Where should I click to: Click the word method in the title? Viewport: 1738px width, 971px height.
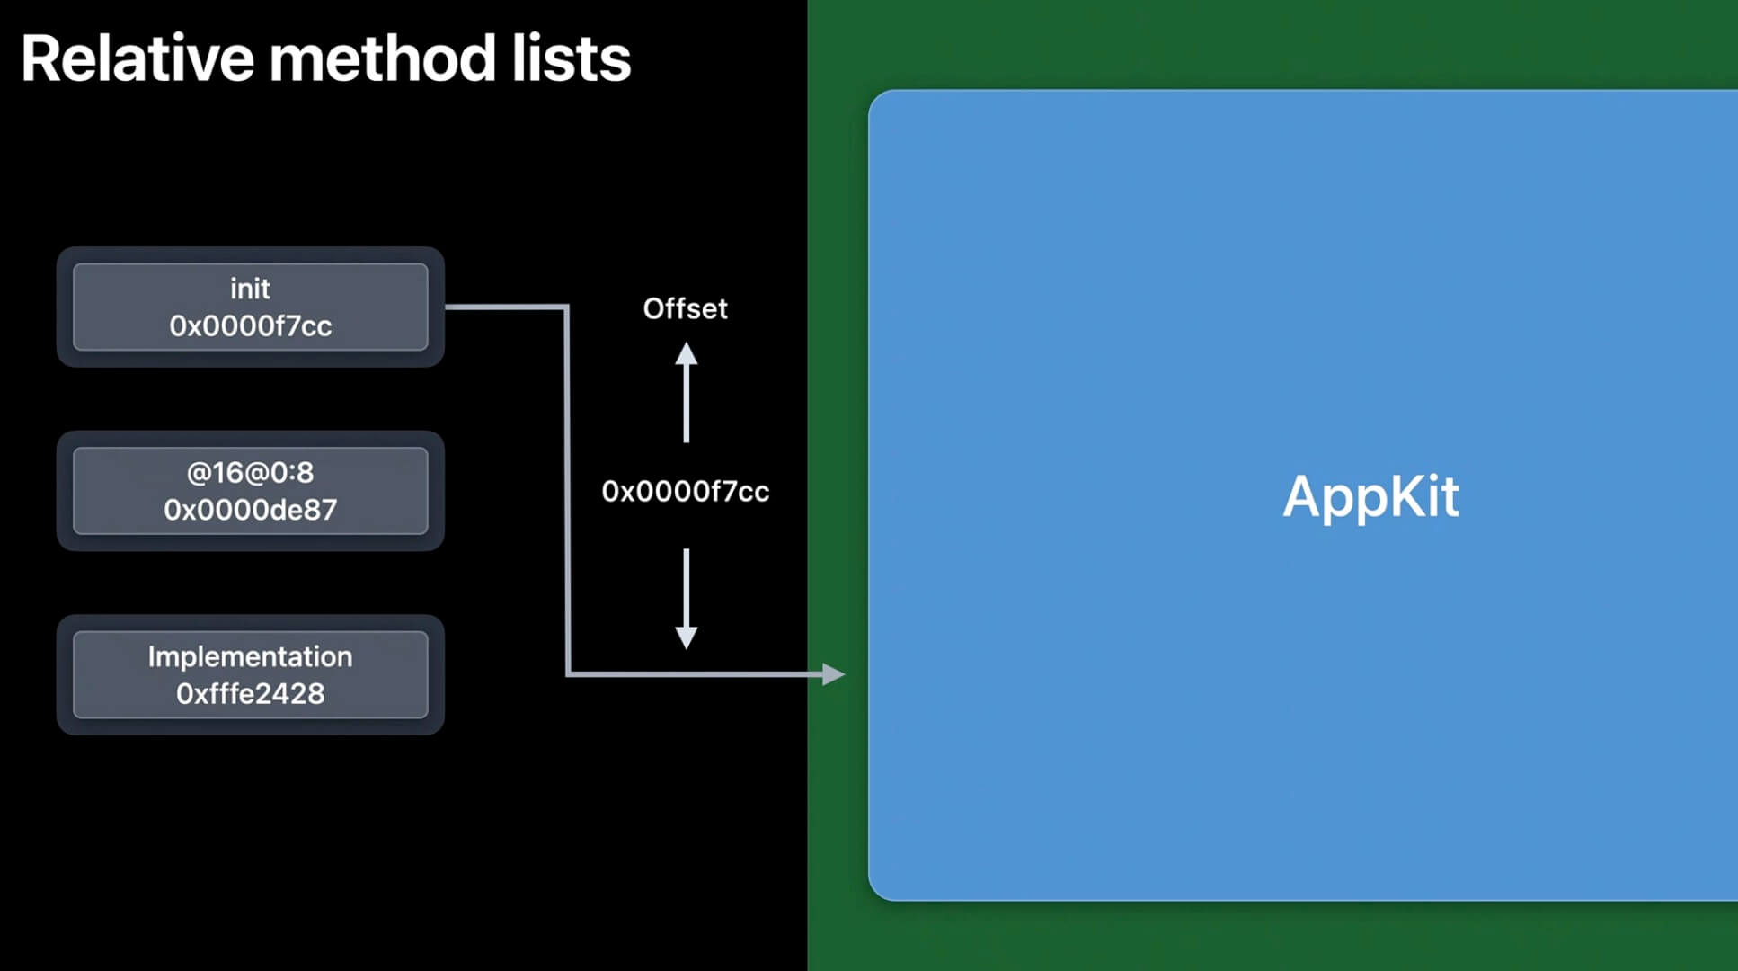click(383, 59)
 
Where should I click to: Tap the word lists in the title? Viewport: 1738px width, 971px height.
click(572, 59)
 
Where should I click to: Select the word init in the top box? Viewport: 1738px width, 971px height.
click(250, 289)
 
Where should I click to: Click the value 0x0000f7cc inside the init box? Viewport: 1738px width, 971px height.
click(251, 325)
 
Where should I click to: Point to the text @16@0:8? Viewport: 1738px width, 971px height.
click(250, 472)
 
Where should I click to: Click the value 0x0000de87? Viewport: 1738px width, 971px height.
click(250, 510)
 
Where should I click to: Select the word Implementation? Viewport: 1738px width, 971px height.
click(250, 656)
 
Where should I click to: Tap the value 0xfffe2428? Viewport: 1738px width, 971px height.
click(250, 694)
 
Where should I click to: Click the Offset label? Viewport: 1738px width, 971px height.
click(685, 308)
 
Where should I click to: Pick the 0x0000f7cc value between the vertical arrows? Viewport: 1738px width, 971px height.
click(685, 491)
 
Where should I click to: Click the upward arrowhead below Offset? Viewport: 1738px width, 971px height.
click(687, 353)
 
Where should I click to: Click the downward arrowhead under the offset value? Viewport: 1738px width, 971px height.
click(687, 637)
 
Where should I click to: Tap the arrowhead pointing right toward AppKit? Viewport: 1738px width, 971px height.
click(833, 673)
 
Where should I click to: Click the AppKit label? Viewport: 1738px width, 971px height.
click(1370, 496)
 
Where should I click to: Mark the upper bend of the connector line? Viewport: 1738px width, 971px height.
click(567, 307)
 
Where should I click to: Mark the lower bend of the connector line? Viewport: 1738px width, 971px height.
click(567, 673)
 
